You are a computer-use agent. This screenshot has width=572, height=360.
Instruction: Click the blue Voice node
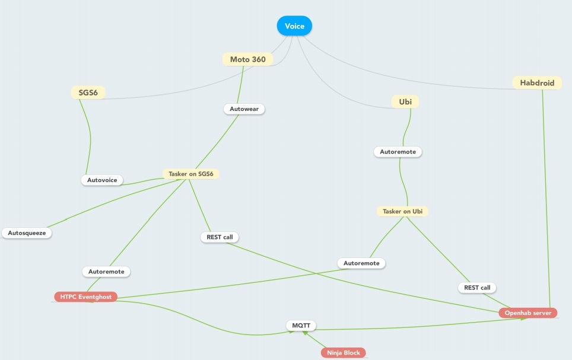(294, 26)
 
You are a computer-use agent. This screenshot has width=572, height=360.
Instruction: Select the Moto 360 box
(247, 59)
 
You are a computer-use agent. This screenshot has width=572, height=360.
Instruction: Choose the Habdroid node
(537, 83)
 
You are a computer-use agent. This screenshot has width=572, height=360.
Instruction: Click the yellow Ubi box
(405, 102)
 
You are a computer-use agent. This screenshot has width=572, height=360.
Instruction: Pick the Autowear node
(244, 109)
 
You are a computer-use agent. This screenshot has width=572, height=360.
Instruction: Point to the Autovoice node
(102, 180)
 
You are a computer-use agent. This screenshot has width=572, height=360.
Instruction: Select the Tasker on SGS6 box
(190, 174)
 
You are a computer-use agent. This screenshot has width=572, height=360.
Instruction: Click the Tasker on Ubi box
(402, 211)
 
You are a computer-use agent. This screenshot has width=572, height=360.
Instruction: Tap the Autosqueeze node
(27, 233)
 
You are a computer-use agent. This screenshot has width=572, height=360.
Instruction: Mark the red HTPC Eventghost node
(85, 297)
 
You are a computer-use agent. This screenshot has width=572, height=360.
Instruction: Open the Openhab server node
(527, 313)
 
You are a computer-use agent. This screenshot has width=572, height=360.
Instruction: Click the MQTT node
(301, 326)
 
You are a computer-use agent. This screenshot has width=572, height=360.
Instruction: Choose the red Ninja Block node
(343, 353)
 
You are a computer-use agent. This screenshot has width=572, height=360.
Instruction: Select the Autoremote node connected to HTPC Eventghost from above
(106, 272)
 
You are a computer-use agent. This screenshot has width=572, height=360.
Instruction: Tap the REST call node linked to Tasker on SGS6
(220, 237)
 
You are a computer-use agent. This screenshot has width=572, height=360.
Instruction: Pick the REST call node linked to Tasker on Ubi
(476, 288)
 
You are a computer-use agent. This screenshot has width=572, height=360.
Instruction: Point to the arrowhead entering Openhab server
(523, 319)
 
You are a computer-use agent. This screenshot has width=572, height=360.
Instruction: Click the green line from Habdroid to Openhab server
(546, 202)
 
